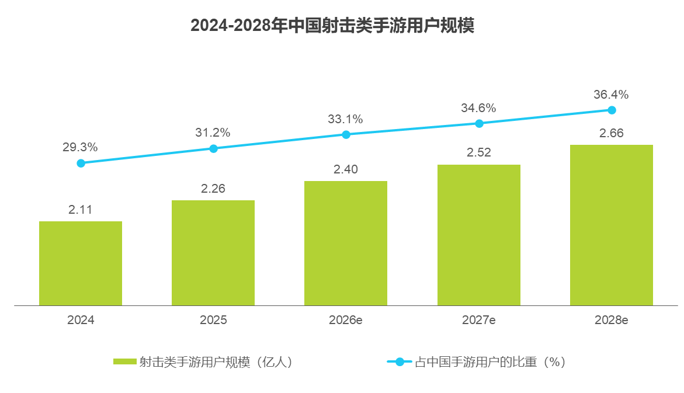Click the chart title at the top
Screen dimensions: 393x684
pyautogui.click(x=332, y=26)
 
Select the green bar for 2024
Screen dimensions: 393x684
pyautogui.click(x=81, y=263)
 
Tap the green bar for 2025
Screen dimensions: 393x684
pyautogui.click(x=213, y=253)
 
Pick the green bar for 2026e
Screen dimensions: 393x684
pyautogui.click(x=346, y=243)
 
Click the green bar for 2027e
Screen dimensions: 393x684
pyautogui.click(x=479, y=235)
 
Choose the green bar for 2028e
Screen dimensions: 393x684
pyautogui.click(x=612, y=225)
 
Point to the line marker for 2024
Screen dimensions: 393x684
pyautogui.click(x=81, y=163)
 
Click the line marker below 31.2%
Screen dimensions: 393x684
pyautogui.click(x=213, y=148)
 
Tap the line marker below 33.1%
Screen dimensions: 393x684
pyautogui.click(x=346, y=134)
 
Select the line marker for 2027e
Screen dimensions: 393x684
pyautogui.click(x=479, y=123)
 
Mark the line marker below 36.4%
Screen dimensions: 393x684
pyautogui.click(x=612, y=110)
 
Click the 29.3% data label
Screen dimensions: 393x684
pyautogui.click(x=80, y=147)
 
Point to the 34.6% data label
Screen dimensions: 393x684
pyautogui.click(x=478, y=108)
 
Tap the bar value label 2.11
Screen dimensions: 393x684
pyautogui.click(x=81, y=209)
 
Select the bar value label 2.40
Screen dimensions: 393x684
pyautogui.click(x=345, y=169)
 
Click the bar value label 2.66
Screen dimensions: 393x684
pyautogui.click(x=612, y=133)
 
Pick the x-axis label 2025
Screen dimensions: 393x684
pyautogui.click(x=213, y=320)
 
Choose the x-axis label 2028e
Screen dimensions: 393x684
pyautogui.click(x=612, y=320)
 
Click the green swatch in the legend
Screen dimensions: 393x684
pyautogui.click(x=125, y=362)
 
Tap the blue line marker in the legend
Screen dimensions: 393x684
pyautogui.click(x=400, y=362)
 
